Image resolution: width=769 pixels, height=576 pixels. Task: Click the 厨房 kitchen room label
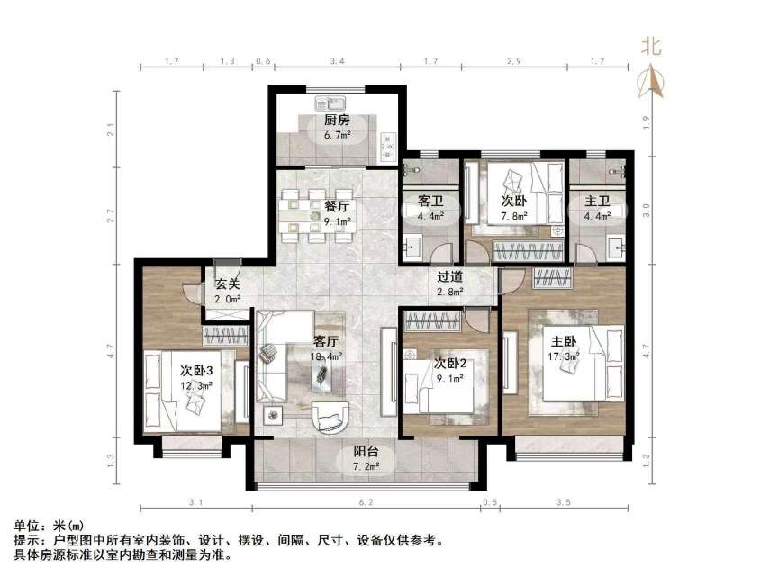[337, 122]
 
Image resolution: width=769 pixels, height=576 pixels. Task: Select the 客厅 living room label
[326, 342]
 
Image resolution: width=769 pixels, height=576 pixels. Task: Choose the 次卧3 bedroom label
[195, 371]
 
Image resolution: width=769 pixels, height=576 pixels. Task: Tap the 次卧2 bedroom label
[448, 364]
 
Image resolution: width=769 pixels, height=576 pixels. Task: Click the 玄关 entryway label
[227, 286]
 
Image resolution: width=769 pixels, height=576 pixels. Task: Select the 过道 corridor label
[449, 278]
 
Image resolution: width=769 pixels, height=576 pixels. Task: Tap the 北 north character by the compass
[651, 48]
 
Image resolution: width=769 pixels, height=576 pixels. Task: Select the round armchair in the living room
[332, 417]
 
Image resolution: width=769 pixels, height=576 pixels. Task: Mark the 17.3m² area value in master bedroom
[565, 356]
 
